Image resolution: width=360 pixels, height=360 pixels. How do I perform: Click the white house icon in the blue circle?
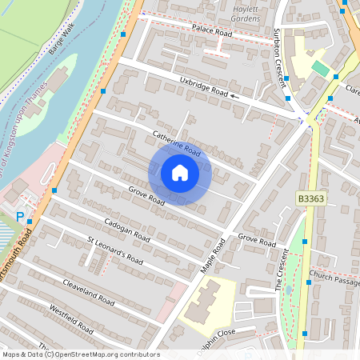coord(180,173)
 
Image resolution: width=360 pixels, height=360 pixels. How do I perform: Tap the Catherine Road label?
coord(175,143)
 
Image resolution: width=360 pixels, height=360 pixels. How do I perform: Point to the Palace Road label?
coord(211,32)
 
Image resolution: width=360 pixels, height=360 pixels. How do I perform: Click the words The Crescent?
coord(283,281)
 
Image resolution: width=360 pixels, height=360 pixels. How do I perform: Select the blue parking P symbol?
coord(20,215)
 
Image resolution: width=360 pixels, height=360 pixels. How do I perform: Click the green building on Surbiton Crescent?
coord(320,69)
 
